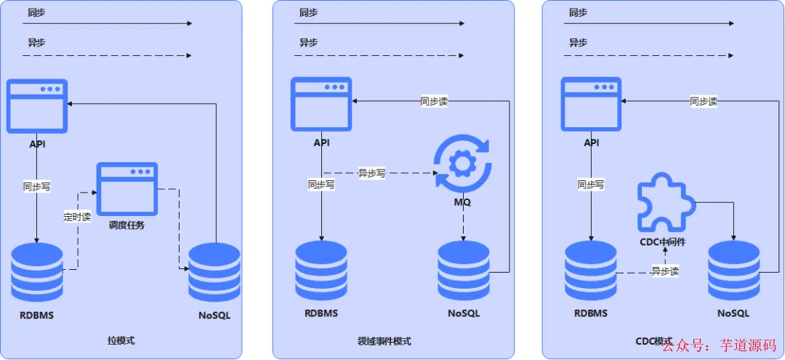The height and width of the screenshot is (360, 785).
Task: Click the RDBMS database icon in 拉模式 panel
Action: pyautogui.click(x=36, y=273)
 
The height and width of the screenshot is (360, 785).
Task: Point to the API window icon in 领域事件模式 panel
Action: pyautogui.click(x=321, y=105)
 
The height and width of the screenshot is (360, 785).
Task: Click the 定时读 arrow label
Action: pyautogui.click(x=77, y=216)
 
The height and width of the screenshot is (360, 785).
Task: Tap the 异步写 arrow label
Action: pyautogui.click(x=371, y=173)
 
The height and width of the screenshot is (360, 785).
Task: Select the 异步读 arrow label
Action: pyautogui.click(x=664, y=271)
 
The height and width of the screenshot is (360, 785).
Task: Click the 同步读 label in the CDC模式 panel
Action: pyautogui.click(x=704, y=101)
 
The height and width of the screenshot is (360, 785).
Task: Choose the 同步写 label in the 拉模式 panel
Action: pyautogui.click(x=36, y=186)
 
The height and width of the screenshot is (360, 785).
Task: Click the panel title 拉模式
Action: pyautogui.click(x=121, y=340)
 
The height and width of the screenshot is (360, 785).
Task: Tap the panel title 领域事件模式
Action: pyautogui.click(x=384, y=340)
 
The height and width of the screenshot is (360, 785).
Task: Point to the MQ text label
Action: pyautogui.click(x=462, y=201)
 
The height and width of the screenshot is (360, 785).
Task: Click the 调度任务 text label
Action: pyautogui.click(x=127, y=225)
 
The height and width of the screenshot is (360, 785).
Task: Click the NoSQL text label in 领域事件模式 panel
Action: pyautogui.click(x=464, y=313)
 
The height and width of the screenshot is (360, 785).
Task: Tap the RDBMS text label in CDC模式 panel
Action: pyautogui.click(x=590, y=313)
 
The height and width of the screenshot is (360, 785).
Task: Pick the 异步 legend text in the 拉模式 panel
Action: pyautogui.click(x=36, y=42)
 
